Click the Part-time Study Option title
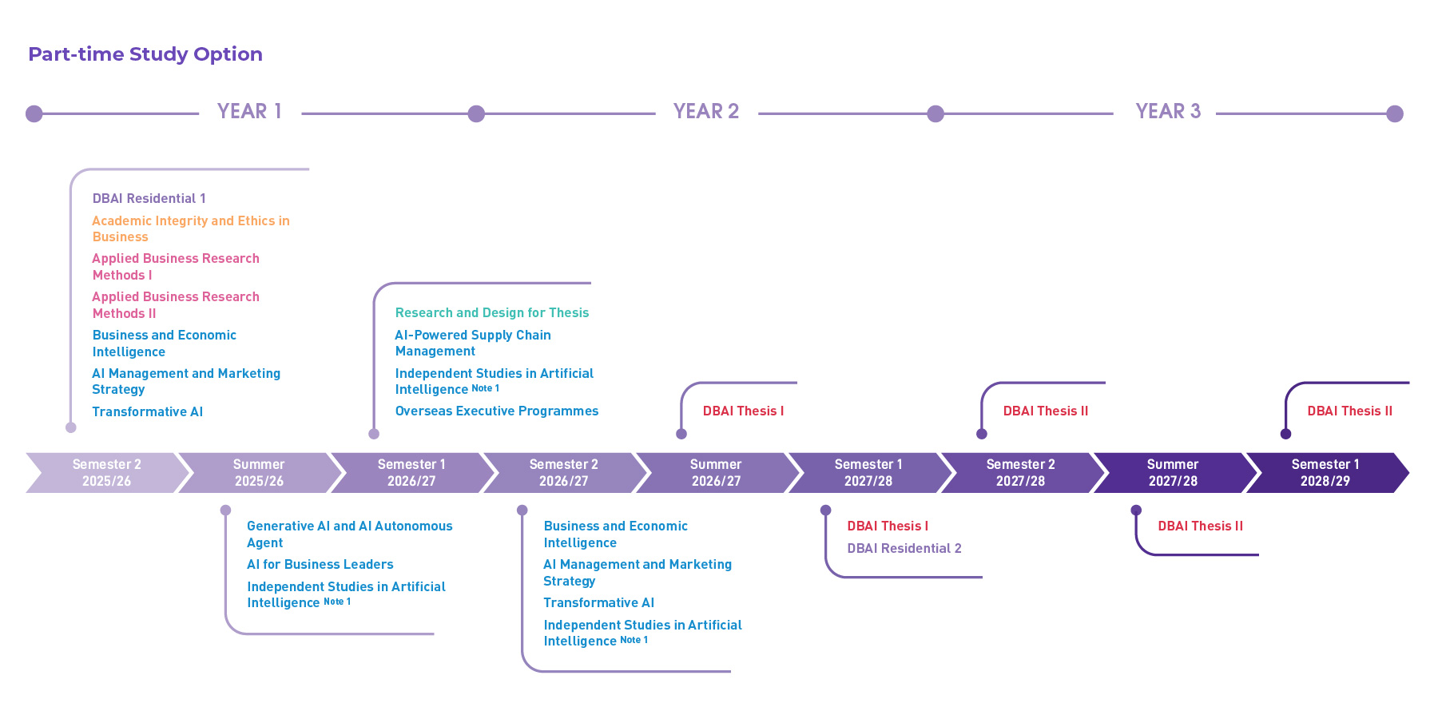145,54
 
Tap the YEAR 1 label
249,112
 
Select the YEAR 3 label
1168,112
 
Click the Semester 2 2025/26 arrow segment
106,473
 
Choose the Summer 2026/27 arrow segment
716,473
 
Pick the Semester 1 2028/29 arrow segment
1325,473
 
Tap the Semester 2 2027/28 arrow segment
1020,473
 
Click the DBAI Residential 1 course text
149,199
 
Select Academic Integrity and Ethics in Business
190,228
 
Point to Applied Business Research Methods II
175,305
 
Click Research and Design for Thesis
491,313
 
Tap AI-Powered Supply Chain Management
472,343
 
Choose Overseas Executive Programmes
496,411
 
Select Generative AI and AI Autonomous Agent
349,534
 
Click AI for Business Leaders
320,565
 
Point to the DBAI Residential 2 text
904,549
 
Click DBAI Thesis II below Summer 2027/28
1200,526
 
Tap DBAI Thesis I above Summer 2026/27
743,411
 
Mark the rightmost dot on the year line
1395,113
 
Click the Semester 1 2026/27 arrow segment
411,473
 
